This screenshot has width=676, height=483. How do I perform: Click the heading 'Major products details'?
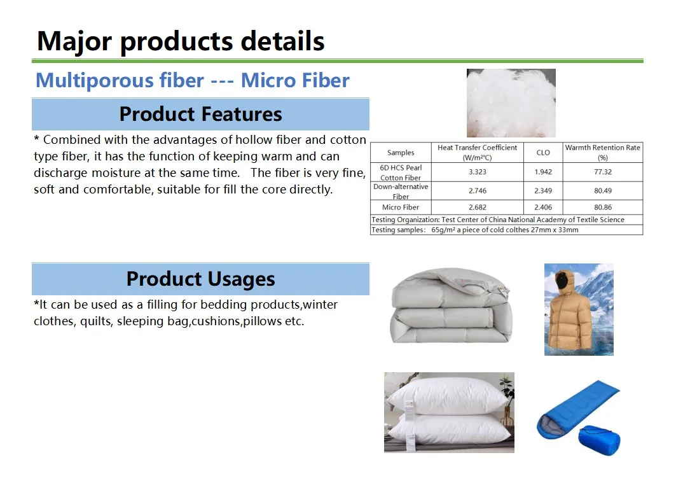[181, 41]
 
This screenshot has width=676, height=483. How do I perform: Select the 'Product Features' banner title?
[200, 114]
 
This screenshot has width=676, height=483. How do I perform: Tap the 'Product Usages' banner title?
[200, 279]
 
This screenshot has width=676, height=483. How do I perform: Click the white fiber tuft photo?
[511, 103]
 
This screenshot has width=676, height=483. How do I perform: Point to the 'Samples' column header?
[401, 153]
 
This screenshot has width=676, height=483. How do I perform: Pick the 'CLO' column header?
[543, 153]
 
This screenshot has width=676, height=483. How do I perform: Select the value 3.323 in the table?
[477, 172]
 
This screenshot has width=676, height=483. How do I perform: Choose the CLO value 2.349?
[543, 191]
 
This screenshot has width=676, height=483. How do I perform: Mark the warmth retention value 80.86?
[603, 207]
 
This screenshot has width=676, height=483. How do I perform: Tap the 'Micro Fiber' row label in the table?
[401, 207]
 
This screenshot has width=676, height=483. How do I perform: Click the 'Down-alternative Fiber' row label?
[401, 192]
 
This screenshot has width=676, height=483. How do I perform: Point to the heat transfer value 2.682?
[477, 207]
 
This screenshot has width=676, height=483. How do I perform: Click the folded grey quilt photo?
[450, 305]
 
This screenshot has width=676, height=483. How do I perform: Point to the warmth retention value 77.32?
[603, 172]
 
